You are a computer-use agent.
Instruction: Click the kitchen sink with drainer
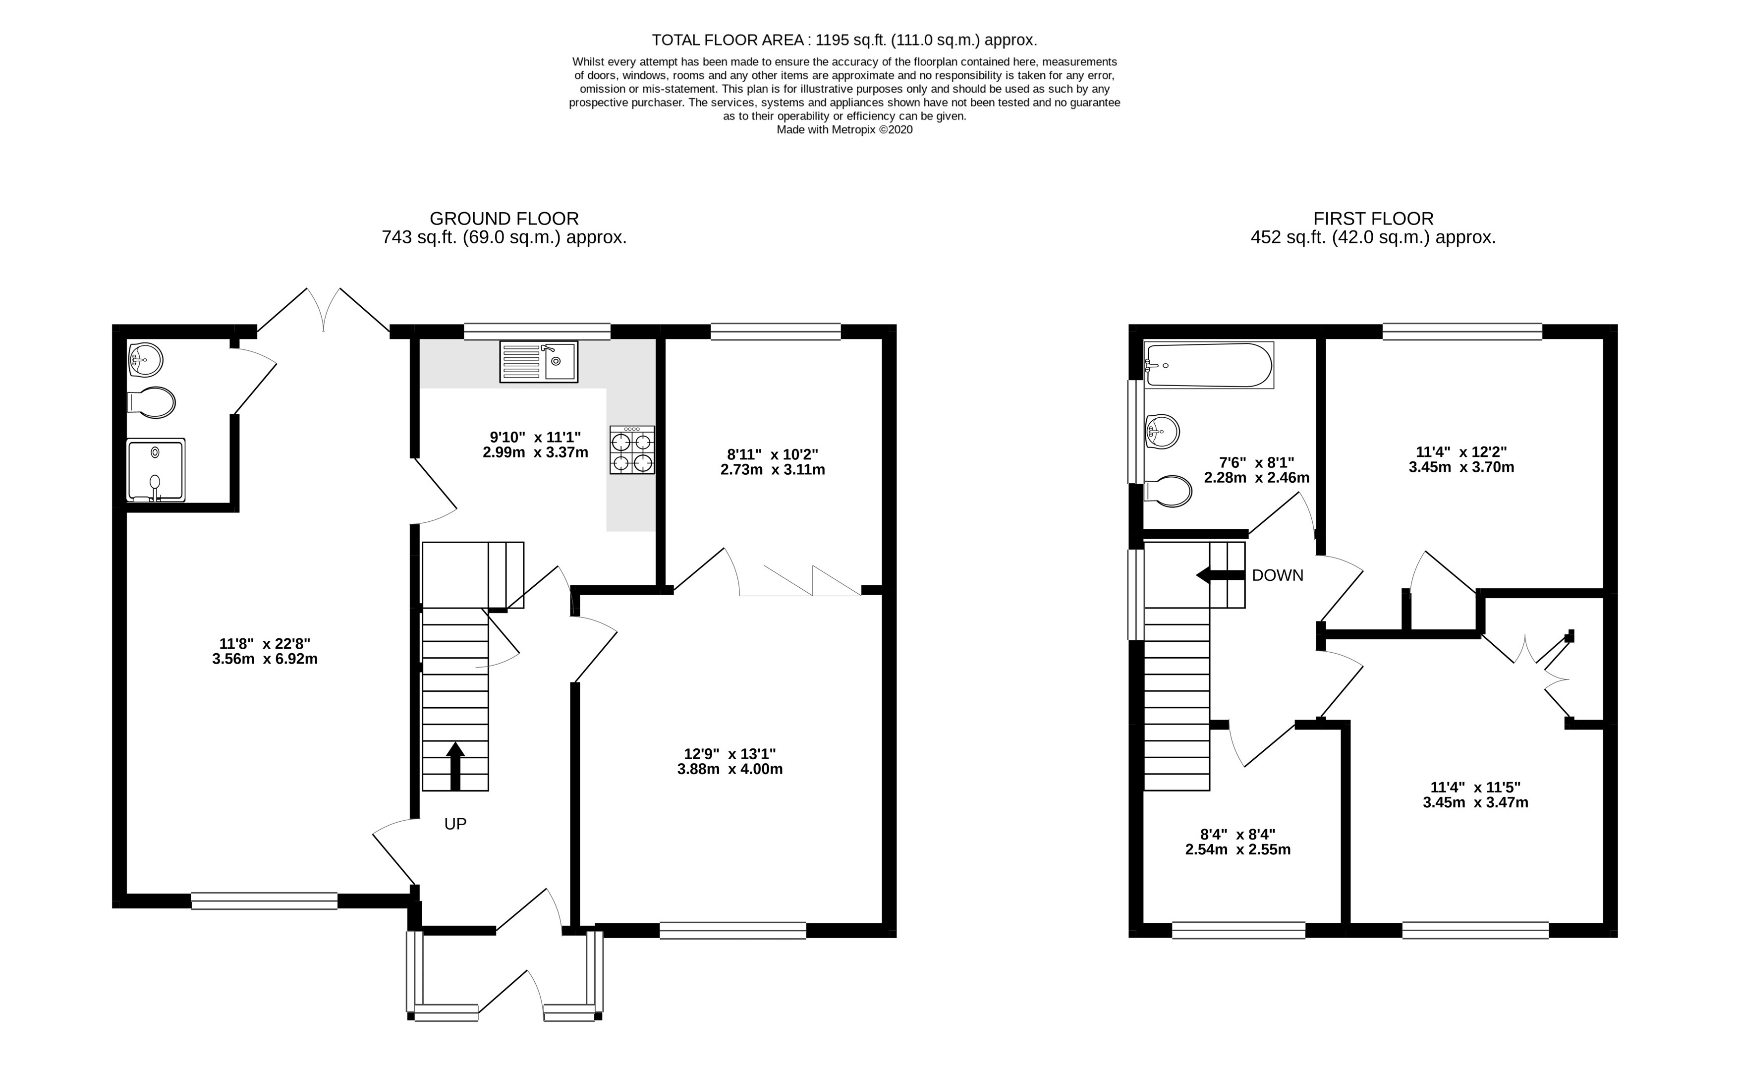pyautogui.click(x=538, y=362)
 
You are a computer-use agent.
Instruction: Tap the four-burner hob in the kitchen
pyautogui.click(x=632, y=449)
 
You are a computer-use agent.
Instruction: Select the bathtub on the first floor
pyautogui.click(x=1208, y=365)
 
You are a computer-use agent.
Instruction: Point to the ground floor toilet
pyautogui.click(x=152, y=403)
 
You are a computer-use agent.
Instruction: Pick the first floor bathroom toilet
pyautogui.click(x=1169, y=491)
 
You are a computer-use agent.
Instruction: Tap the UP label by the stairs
pyautogui.click(x=455, y=824)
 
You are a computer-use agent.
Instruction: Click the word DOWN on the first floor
pyautogui.click(x=1277, y=575)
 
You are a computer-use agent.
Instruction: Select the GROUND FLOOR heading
pyautogui.click(x=504, y=219)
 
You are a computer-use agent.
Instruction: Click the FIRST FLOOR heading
pyautogui.click(x=1373, y=219)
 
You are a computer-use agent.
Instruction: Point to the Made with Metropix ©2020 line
pyautogui.click(x=844, y=130)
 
